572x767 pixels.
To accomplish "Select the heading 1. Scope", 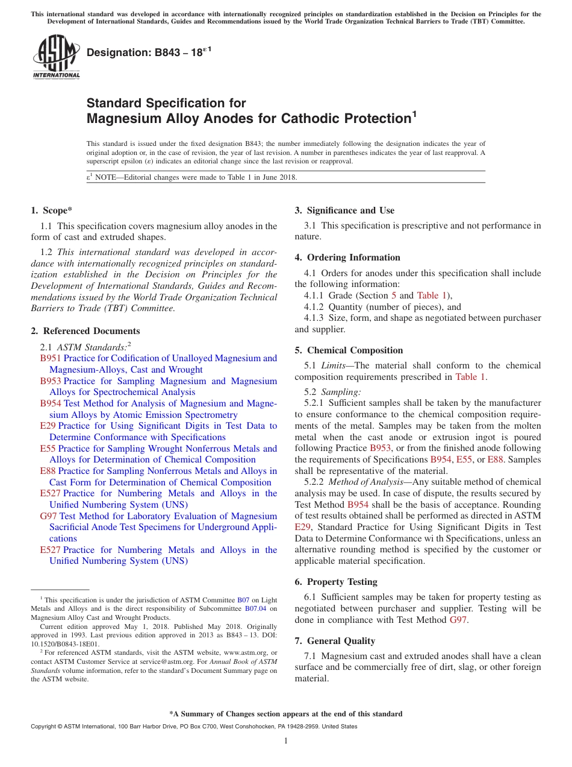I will point(51,210).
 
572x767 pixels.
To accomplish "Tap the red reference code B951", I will point(51,359).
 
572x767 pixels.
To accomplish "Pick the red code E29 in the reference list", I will point(48,426).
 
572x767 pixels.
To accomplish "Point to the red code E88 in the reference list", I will point(48,472).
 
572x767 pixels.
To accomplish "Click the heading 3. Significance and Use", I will point(344,210).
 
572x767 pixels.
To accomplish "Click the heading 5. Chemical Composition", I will point(349,350).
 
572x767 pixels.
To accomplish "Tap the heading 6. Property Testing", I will point(336,582).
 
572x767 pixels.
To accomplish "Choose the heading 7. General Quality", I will point(335,641).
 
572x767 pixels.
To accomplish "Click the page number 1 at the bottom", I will point(286,741).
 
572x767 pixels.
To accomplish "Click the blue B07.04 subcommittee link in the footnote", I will point(256,609).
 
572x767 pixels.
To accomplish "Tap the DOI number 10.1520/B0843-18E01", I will point(66,644).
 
